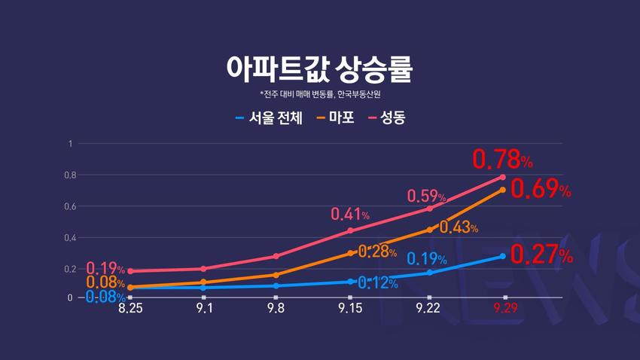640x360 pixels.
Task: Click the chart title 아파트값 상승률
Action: (320, 67)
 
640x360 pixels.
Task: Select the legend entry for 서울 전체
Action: (269, 118)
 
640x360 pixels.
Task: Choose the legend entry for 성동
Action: (386, 118)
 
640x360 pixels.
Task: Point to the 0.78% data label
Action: (502, 160)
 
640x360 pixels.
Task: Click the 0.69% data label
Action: (541, 189)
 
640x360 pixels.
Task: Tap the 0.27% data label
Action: (541, 255)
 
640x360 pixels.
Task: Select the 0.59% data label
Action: (427, 197)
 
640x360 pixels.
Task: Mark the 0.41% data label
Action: (350, 215)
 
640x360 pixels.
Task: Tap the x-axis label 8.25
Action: (130, 308)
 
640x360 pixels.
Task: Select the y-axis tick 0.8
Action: (71, 175)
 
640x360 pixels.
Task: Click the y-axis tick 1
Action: (71, 143)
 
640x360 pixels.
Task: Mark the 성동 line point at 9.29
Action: (503, 177)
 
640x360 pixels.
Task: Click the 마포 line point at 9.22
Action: (429, 229)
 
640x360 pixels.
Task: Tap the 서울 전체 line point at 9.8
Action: (277, 285)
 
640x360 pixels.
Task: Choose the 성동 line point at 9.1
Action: (203, 268)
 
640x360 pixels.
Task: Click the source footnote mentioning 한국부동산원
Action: (320, 94)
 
